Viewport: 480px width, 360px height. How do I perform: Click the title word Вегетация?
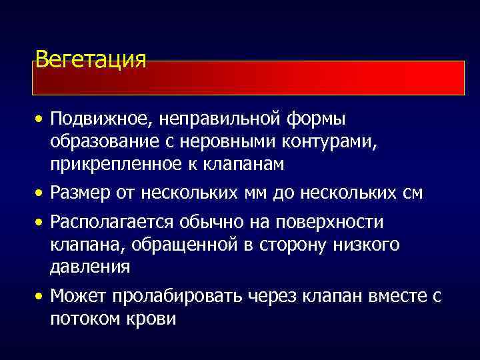point(90,59)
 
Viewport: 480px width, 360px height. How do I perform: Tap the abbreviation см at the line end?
point(413,194)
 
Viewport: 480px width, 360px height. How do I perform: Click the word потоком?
point(84,319)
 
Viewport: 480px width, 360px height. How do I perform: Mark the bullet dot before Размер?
point(41,194)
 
